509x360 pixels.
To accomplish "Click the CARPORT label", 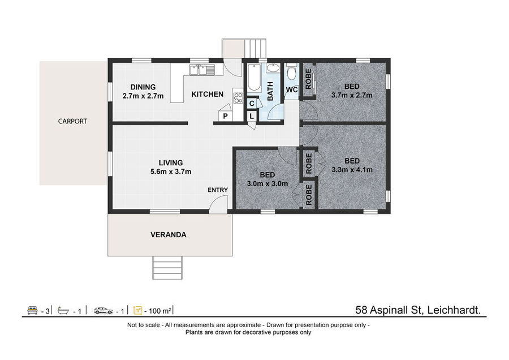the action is (72, 121).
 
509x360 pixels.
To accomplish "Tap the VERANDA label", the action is (169, 234).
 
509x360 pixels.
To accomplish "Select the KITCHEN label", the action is (208, 94).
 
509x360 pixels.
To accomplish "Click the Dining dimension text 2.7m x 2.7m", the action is (143, 96).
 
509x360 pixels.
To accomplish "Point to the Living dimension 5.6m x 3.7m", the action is (171, 172).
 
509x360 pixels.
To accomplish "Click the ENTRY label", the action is (218, 190).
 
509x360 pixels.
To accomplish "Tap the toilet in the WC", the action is (291, 72).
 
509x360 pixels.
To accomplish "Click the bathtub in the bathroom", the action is (254, 78).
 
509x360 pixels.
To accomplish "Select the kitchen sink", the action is (202, 70).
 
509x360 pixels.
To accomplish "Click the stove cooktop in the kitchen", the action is (238, 98).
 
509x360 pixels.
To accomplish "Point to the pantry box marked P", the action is (225, 116).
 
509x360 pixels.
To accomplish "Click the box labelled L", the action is (252, 116).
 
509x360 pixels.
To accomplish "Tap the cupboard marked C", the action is (252, 104).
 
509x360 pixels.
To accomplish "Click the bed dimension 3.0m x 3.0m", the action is (268, 183).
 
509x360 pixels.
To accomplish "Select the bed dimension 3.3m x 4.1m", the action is (352, 170).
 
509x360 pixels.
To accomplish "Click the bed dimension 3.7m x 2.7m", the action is (352, 95).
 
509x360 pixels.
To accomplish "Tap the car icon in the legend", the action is (103, 311).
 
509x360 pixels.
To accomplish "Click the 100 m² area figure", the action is (158, 311).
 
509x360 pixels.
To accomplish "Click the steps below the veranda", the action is (167, 267).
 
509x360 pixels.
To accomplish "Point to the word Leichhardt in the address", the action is (454, 310).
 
